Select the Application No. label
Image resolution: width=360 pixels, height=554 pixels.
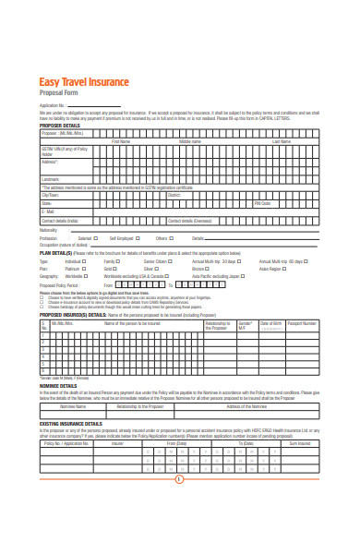tap(51, 106)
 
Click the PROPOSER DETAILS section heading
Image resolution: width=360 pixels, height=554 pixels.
tap(60, 126)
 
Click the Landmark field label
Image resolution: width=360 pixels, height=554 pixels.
tap(50, 178)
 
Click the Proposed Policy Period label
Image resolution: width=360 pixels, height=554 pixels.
tap(59, 286)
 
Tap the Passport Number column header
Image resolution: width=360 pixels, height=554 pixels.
tap(302, 324)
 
